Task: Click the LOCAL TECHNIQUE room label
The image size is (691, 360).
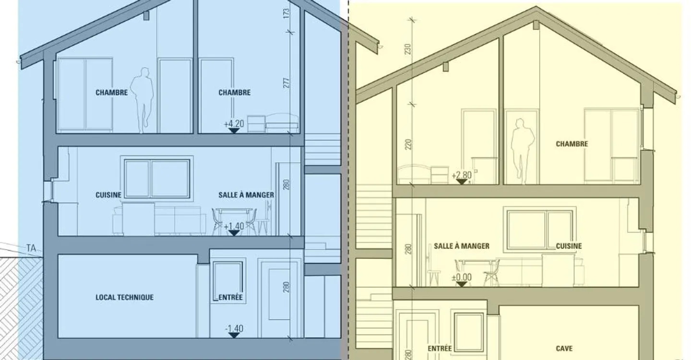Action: (x=124, y=298)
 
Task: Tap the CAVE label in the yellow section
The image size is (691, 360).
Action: (x=564, y=348)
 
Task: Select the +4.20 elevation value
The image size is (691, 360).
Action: (x=234, y=124)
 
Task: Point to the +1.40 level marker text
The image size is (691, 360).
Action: (x=234, y=226)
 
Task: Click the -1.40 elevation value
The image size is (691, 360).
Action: (x=234, y=328)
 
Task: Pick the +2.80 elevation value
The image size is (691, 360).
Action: (x=462, y=175)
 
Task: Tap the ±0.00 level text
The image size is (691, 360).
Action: (x=462, y=277)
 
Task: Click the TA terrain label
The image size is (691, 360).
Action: (x=31, y=248)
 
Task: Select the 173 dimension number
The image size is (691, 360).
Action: (x=286, y=13)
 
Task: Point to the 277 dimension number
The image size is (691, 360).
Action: (x=286, y=83)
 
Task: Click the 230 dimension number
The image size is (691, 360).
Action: (x=408, y=49)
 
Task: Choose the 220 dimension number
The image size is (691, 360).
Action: (x=408, y=144)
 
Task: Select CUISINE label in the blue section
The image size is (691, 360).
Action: (x=108, y=195)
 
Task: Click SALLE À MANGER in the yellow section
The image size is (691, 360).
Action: (x=462, y=246)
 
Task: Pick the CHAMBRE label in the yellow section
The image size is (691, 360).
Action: (x=572, y=144)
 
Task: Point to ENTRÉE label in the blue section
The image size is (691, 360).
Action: (x=230, y=298)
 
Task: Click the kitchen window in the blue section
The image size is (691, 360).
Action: (x=157, y=179)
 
